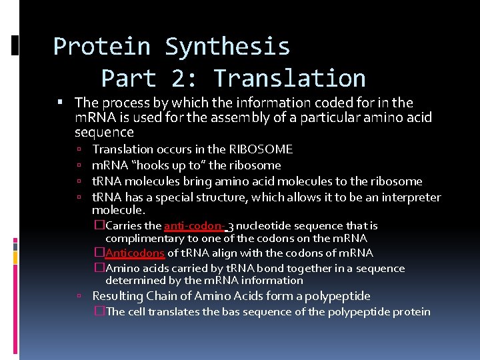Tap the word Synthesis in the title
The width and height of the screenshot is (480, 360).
(x=227, y=47)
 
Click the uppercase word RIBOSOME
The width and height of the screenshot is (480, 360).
(x=261, y=149)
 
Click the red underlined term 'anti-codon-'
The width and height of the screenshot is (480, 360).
(x=194, y=226)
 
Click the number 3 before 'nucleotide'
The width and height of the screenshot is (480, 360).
(x=230, y=226)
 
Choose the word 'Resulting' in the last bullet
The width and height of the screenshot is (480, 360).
(x=118, y=296)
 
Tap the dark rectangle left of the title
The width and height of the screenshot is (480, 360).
(x=15, y=45)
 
